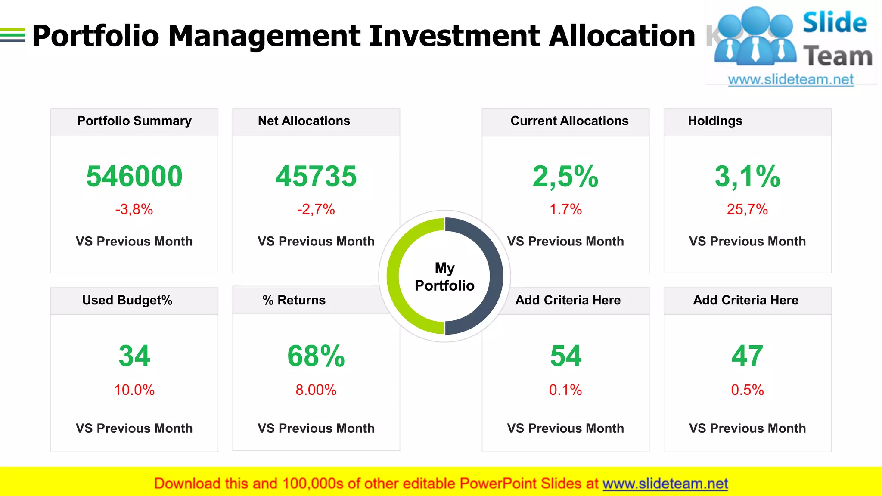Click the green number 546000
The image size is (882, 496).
click(134, 177)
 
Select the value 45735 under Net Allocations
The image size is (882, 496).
click(316, 177)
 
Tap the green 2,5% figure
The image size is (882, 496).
click(565, 177)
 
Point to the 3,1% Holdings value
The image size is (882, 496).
click(747, 177)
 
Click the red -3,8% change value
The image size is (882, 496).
click(134, 210)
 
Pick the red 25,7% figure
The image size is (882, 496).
click(747, 210)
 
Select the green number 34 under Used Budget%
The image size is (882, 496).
click(134, 356)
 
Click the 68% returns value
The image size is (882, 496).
click(316, 356)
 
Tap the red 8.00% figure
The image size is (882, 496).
click(316, 390)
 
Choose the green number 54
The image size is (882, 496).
click(565, 356)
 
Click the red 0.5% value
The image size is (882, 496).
click(747, 390)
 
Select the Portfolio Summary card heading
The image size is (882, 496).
click(134, 121)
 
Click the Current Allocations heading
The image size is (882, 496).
click(569, 121)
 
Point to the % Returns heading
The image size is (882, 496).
click(294, 300)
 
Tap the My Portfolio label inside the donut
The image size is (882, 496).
click(444, 277)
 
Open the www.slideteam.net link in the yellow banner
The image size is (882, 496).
click(665, 484)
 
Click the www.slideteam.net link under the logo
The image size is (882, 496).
click(791, 80)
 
